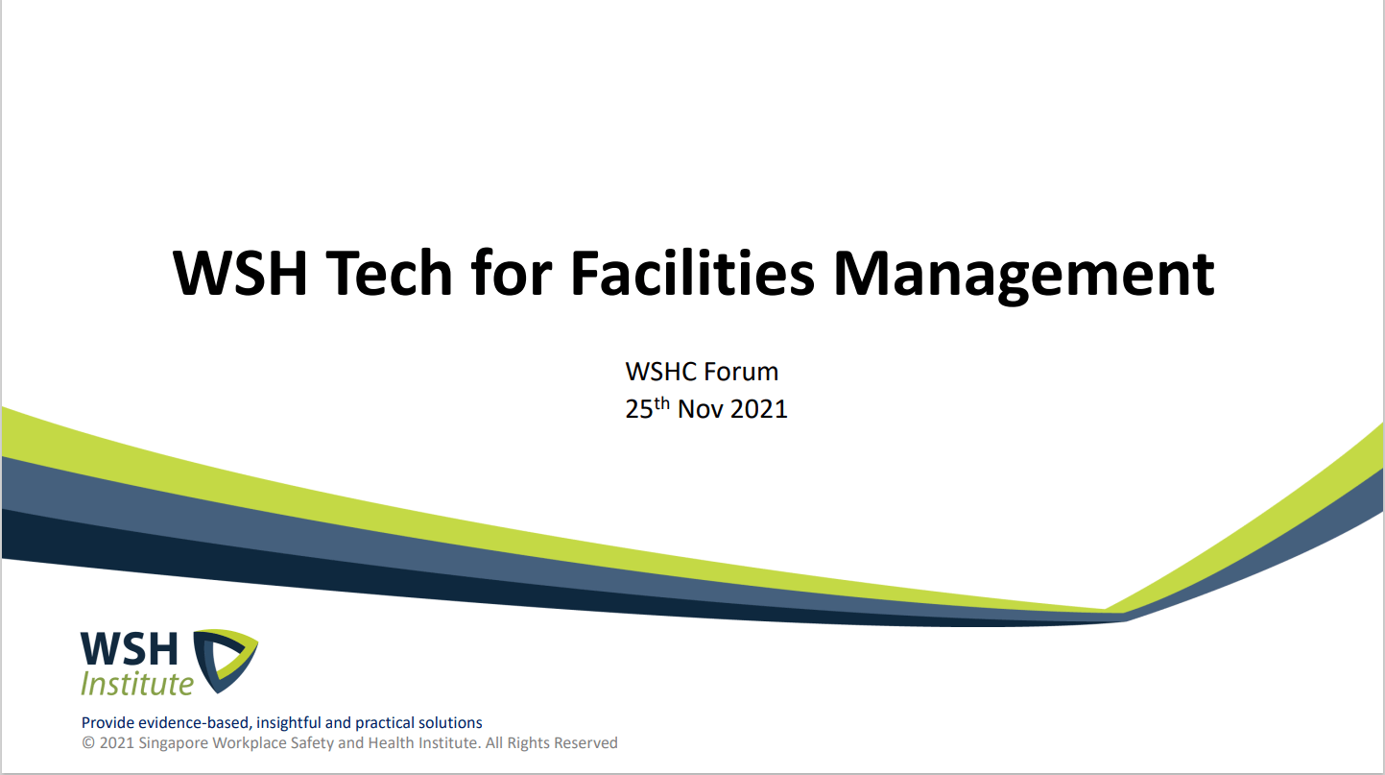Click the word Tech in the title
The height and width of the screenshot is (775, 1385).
(390, 273)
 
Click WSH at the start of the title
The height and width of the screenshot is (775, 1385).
(240, 273)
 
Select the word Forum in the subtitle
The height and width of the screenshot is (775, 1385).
(741, 372)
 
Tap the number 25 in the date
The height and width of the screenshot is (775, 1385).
(638, 409)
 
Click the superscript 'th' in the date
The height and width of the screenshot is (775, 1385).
(661, 403)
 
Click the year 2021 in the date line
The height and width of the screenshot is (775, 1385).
(760, 409)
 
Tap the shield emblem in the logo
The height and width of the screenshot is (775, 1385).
(225, 661)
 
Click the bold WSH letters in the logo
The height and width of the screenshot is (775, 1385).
(130, 649)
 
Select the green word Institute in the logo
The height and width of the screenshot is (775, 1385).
(137, 684)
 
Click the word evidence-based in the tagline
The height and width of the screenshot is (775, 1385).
(194, 723)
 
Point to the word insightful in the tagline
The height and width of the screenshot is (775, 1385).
(289, 723)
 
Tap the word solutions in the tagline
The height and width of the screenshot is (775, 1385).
(450, 723)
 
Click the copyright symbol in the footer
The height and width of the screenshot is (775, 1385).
(88, 743)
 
